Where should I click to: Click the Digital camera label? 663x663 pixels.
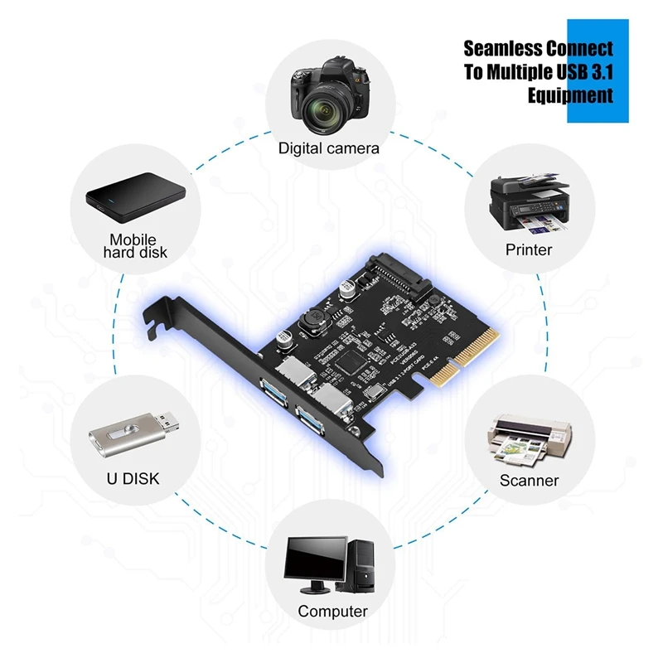coord(328,148)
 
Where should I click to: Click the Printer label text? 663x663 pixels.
coord(529,249)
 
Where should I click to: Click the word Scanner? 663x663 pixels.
coord(529,480)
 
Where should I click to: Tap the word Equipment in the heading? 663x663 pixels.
coord(570,94)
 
